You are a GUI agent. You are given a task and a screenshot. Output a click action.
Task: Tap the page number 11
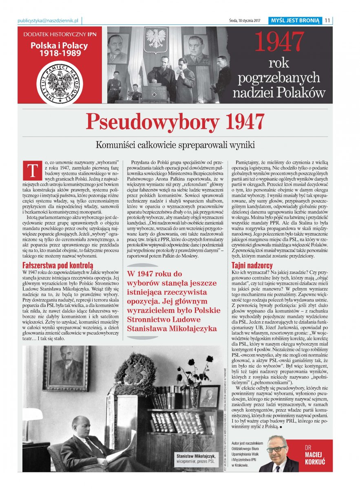point(327,21)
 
